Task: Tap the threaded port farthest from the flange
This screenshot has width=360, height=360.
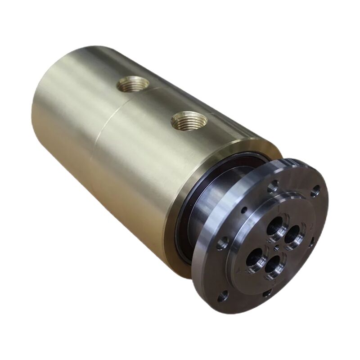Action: [x=133, y=83]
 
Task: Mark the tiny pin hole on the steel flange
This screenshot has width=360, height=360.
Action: [x=243, y=210]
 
